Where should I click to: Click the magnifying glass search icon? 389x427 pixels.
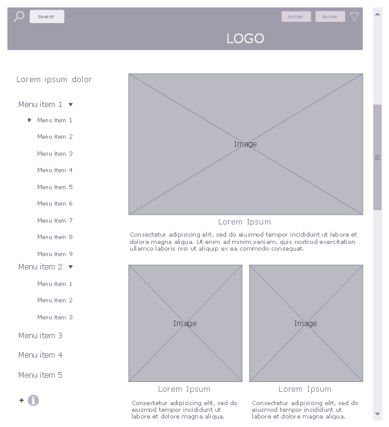point(19,16)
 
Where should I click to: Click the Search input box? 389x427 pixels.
point(47,16)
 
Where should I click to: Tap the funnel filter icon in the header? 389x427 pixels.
point(354,16)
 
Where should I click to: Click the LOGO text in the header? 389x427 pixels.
point(245,38)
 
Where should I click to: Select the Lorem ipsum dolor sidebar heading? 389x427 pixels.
point(54,80)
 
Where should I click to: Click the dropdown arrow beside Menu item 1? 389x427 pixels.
point(71,105)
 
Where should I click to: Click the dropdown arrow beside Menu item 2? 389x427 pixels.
point(71,267)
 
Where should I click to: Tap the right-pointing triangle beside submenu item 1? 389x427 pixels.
point(30,120)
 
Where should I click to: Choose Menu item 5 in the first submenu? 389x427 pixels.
point(55,187)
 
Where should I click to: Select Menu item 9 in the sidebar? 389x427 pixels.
point(55,254)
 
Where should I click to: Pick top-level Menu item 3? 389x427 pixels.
point(40,336)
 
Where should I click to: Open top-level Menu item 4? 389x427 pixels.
point(40,355)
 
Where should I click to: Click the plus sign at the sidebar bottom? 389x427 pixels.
point(21,400)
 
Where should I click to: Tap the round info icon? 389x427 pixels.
point(33,400)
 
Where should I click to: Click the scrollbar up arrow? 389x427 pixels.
point(377,15)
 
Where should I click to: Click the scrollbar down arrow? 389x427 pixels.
point(377,414)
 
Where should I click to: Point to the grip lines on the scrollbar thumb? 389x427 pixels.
point(377,158)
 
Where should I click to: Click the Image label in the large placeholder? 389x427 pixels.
point(246,144)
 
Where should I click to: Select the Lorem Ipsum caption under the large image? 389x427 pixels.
point(244,222)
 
